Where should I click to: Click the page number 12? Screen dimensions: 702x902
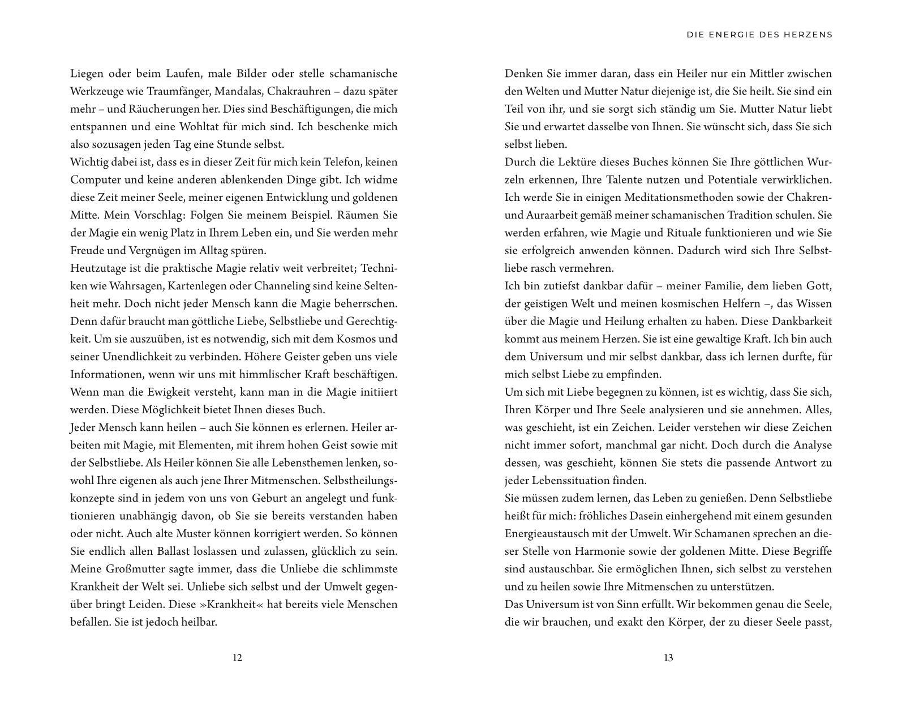(x=237, y=658)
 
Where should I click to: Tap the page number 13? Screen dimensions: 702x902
(x=668, y=658)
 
